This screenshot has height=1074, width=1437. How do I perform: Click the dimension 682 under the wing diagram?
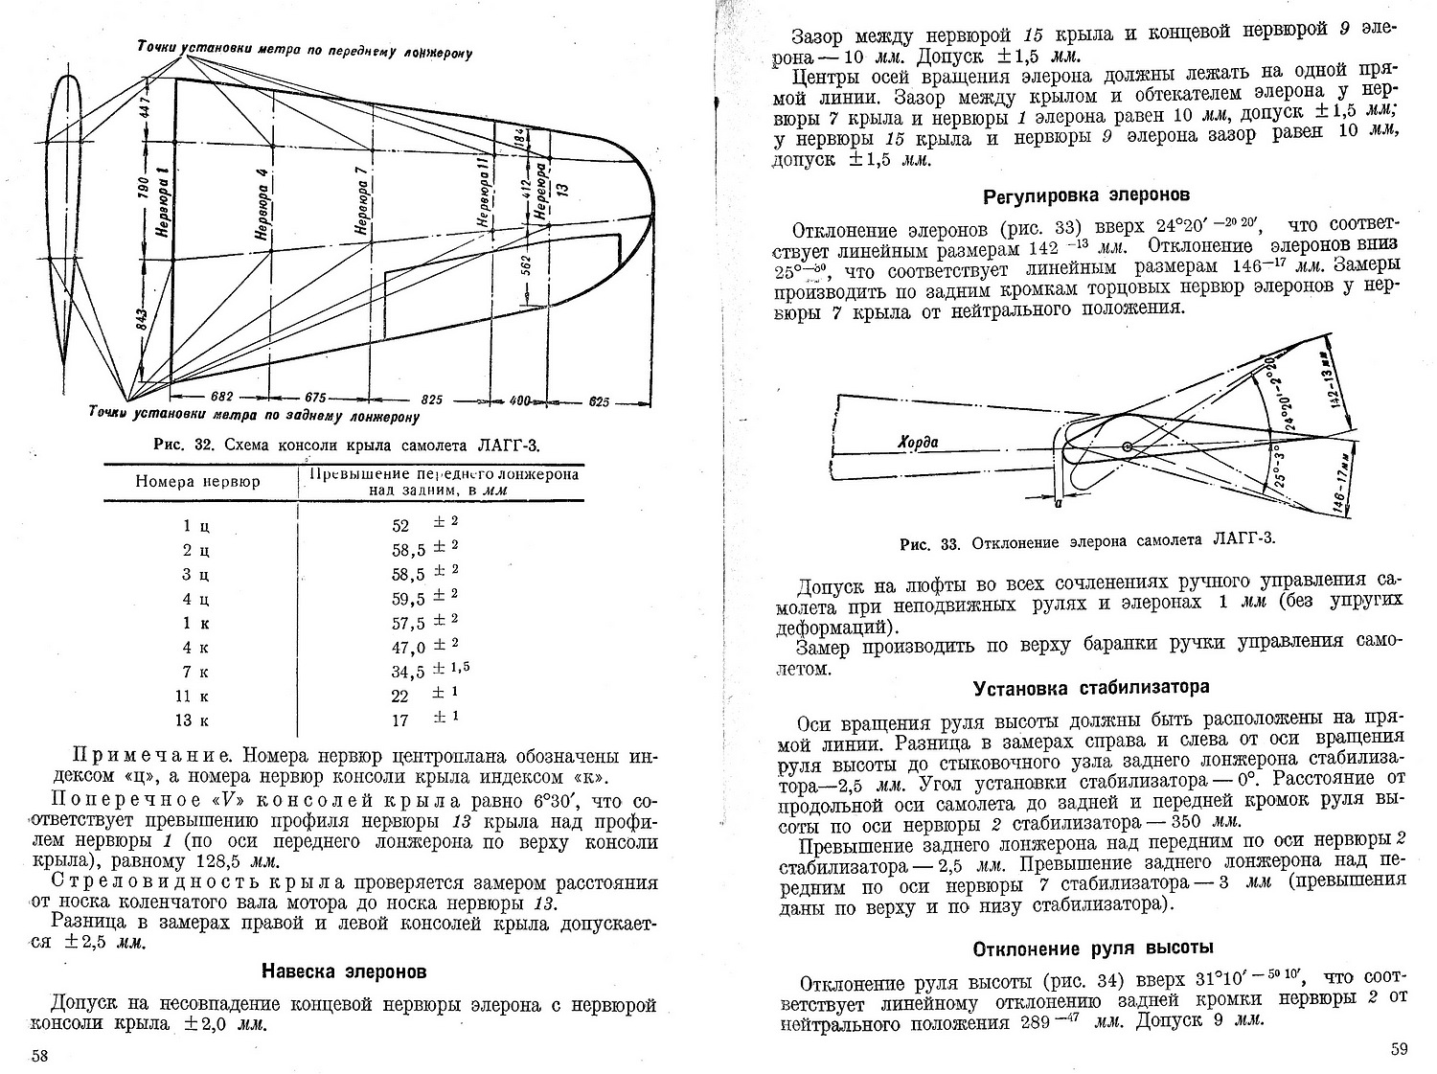tap(220, 397)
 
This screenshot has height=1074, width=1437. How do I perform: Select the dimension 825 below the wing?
tap(431, 399)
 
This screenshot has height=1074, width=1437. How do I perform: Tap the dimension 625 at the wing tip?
tap(599, 402)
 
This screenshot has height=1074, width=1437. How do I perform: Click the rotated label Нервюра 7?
tap(361, 207)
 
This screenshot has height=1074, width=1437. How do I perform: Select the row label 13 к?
tap(195, 720)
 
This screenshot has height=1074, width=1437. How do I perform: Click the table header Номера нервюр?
tap(197, 482)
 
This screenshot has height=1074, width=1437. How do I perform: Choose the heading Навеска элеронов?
tap(344, 971)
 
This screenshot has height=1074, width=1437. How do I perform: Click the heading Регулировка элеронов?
tap(1086, 195)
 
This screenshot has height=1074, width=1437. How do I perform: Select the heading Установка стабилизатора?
tap(1091, 687)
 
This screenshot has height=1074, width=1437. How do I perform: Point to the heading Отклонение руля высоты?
tap(1094, 948)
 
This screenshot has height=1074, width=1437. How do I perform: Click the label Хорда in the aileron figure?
tap(917, 442)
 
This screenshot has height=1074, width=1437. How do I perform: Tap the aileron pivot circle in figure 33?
tap(1128, 446)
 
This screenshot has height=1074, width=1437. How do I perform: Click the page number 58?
tap(40, 1055)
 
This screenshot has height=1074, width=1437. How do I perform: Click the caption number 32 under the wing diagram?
tap(202, 444)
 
